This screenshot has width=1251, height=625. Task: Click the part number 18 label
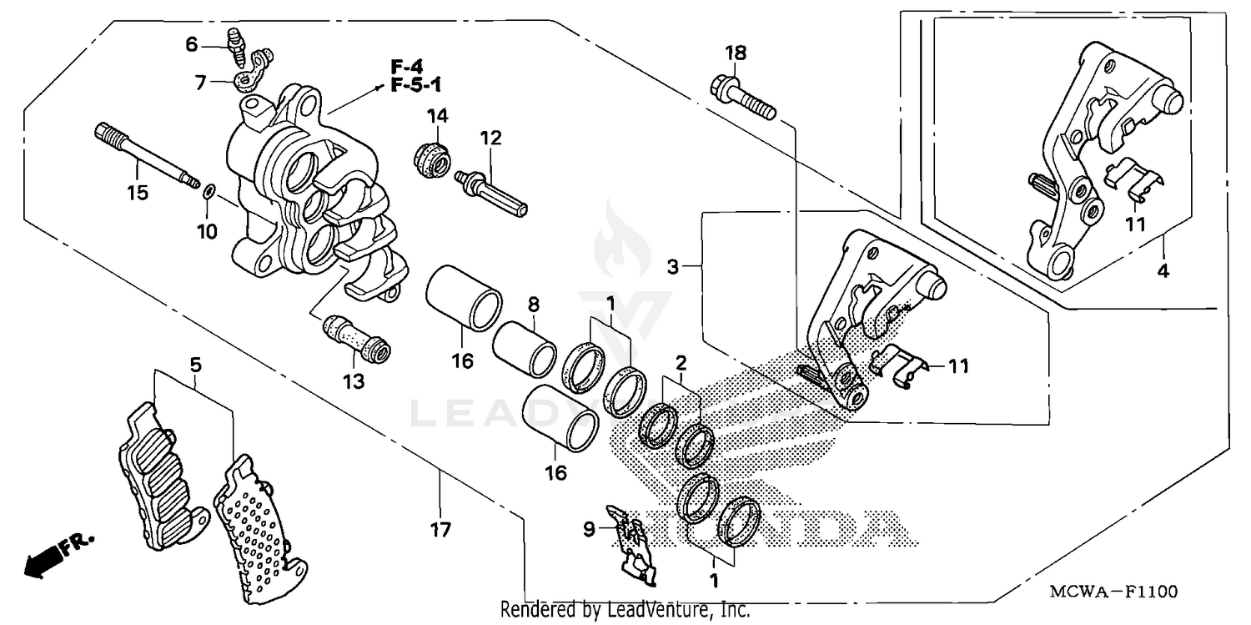(x=735, y=53)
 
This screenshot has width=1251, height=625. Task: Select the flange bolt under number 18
(x=742, y=97)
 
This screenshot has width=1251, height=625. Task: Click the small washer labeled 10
(x=208, y=194)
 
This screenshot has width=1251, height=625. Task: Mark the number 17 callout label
(x=440, y=529)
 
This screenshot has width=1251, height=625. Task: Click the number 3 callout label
(x=673, y=267)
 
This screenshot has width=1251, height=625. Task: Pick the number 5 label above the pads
(x=194, y=364)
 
